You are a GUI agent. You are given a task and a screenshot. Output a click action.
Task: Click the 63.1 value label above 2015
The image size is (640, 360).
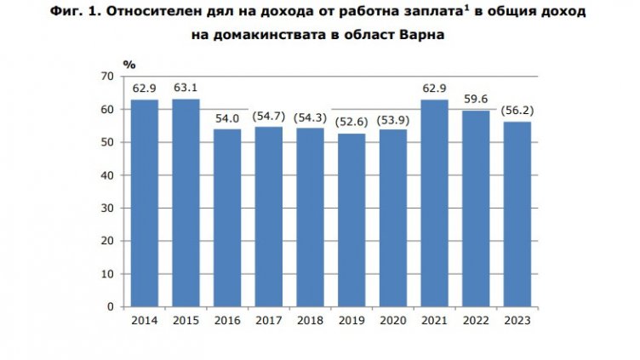click(186, 87)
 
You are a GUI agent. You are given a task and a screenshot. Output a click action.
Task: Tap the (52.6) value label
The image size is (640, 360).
click(351, 122)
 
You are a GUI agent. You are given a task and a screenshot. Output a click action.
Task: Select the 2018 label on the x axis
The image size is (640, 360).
click(310, 320)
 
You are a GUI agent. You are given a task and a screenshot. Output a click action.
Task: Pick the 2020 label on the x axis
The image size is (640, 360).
click(393, 320)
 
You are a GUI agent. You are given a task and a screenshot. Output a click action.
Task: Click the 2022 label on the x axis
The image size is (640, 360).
click(476, 320)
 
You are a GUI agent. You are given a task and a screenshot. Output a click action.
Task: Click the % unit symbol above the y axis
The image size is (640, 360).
click(129, 64)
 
